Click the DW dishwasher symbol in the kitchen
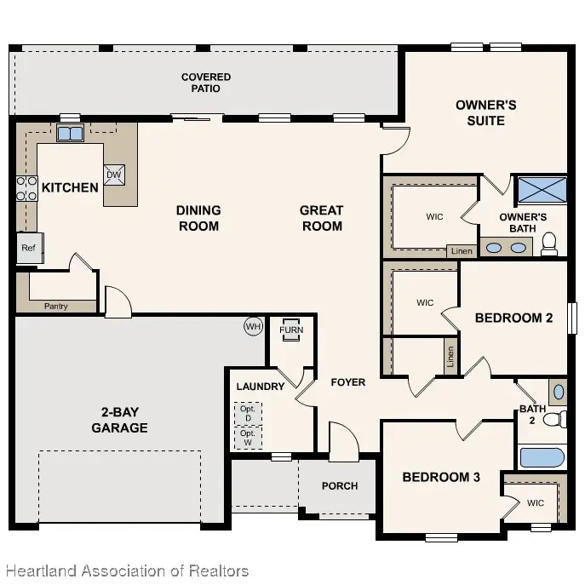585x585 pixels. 114,175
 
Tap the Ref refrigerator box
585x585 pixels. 28,248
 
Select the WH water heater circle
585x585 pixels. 253,326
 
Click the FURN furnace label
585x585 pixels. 291,330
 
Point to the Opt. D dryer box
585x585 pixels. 249,413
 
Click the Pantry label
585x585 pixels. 55,307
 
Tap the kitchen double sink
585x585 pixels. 70,134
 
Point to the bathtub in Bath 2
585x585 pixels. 542,457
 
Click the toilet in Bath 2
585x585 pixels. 555,419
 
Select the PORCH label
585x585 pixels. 340,486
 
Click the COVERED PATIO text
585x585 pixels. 206,83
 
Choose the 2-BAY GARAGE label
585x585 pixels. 119,420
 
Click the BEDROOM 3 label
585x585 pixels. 441,478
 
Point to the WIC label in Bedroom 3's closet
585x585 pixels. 535,503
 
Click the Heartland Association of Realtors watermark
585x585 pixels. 126,571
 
